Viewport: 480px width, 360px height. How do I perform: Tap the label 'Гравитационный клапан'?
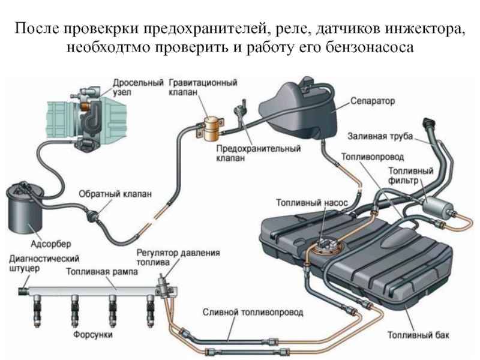[202, 86]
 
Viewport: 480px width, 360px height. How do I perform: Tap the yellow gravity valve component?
[211, 128]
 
